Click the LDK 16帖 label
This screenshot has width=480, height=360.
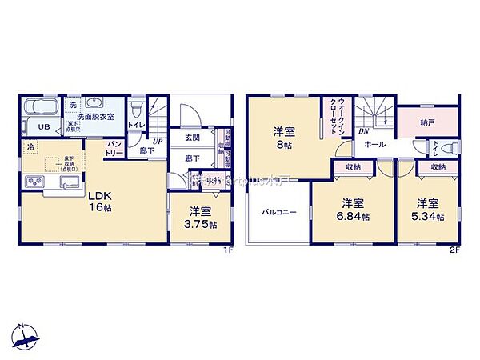coord(98,201)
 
